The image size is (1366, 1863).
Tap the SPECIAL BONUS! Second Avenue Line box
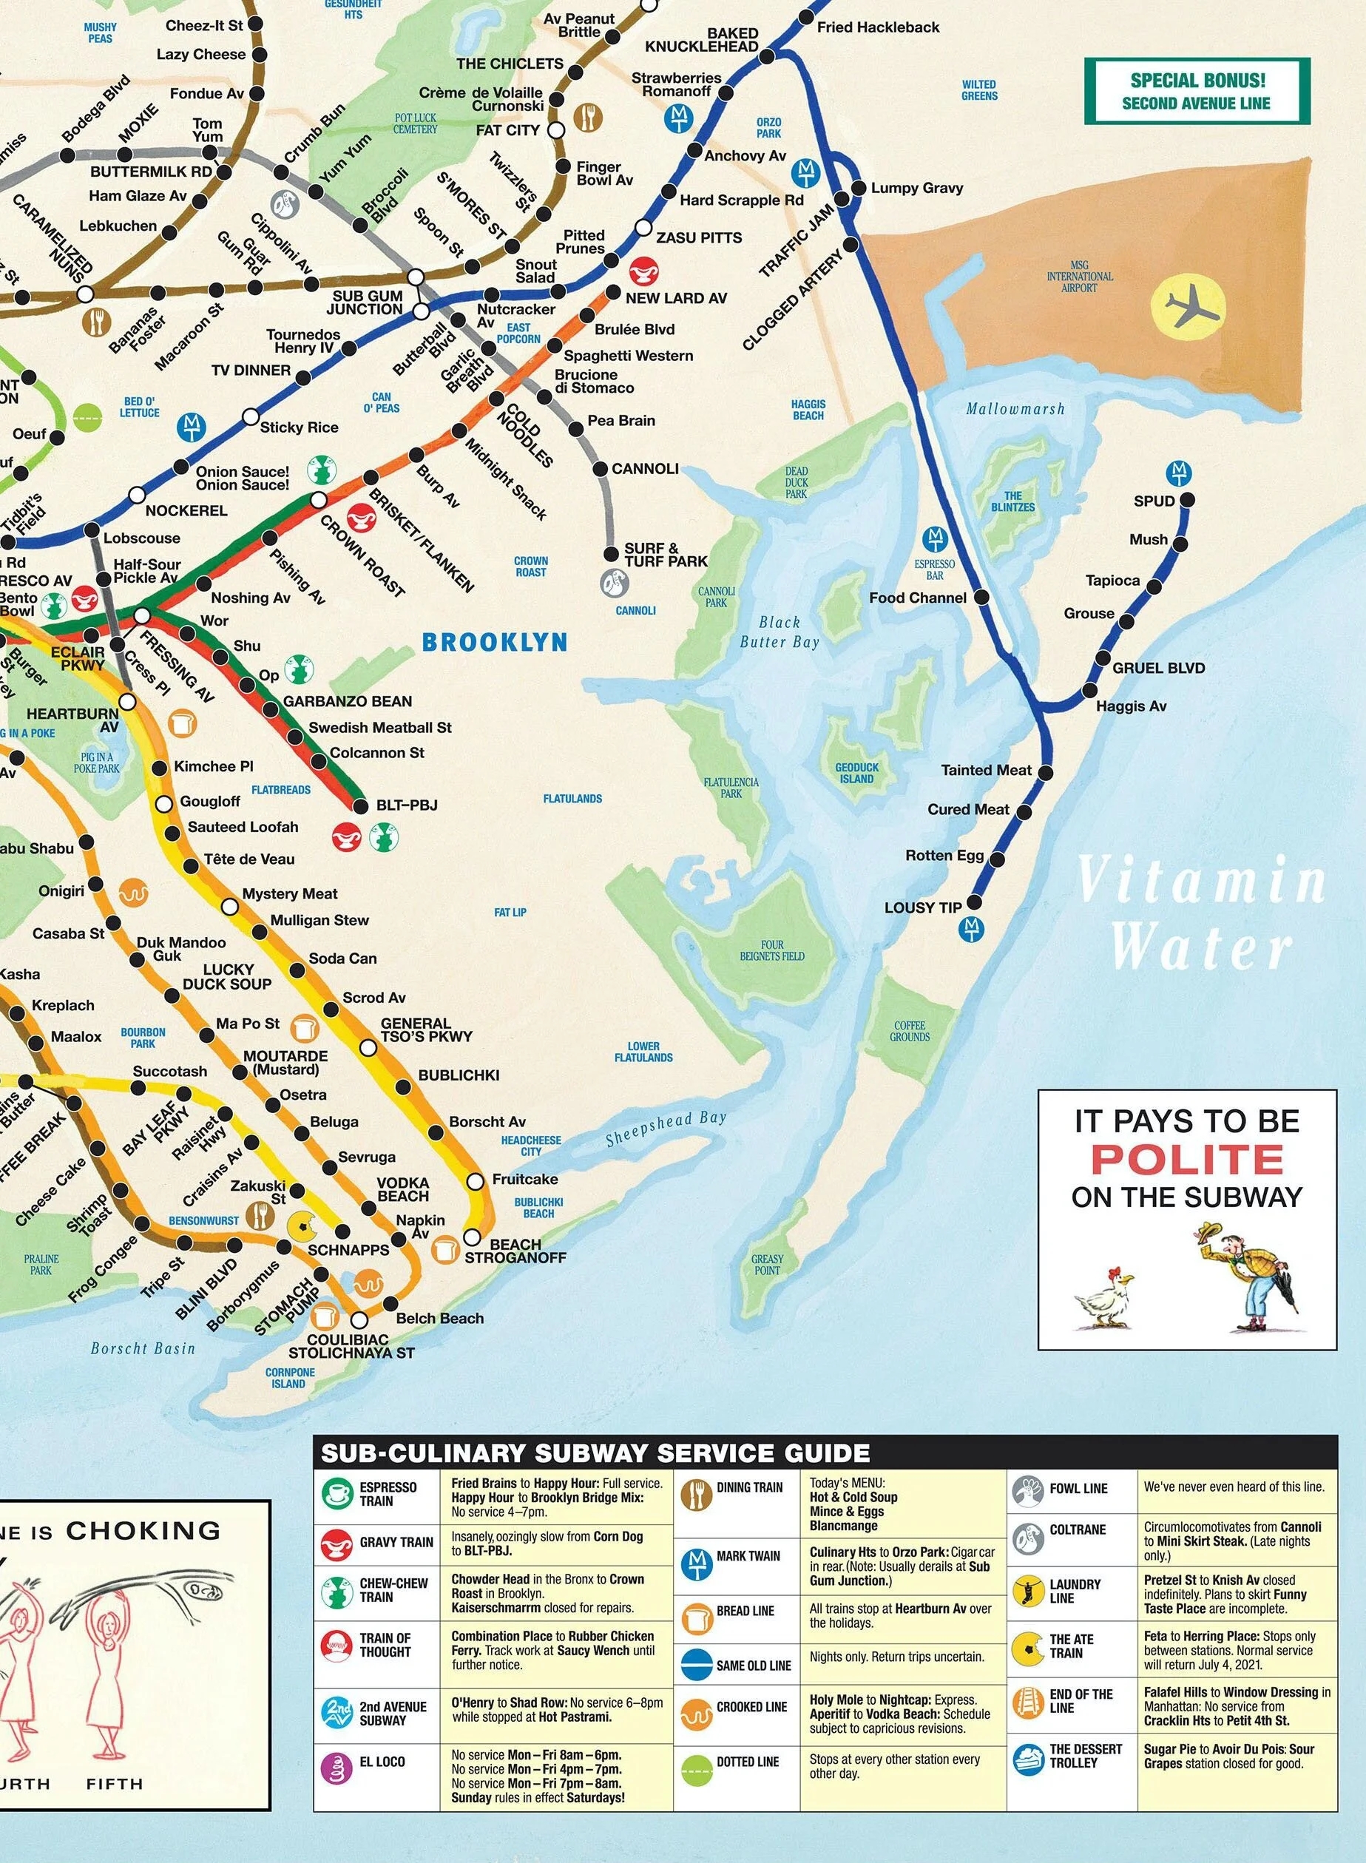coord(1197,92)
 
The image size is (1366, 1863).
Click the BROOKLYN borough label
coord(495,643)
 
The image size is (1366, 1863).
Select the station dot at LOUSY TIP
coord(975,902)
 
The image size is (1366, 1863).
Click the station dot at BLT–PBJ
coord(359,805)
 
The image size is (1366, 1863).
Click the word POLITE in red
coord(1186,1160)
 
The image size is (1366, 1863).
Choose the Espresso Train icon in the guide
coord(337,1493)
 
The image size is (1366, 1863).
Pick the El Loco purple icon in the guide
coord(337,1768)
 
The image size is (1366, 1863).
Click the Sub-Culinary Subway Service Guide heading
coord(595,1453)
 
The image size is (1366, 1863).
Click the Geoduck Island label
coord(856,773)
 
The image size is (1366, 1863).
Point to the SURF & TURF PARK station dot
coord(611,553)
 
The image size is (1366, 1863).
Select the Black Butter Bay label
coord(779,632)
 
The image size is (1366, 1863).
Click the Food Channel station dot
coord(981,597)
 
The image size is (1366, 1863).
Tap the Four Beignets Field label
coord(771,950)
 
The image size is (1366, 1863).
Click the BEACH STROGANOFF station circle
coord(471,1238)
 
